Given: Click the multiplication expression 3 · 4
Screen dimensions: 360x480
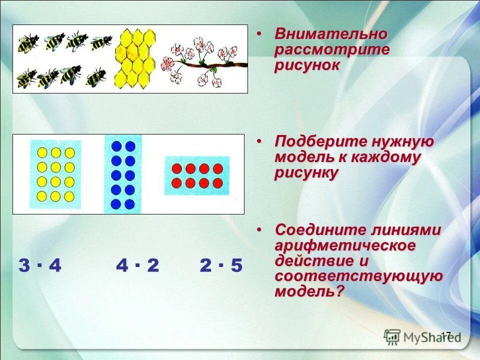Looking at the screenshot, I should [39, 265].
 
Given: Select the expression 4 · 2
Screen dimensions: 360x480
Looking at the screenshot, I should [137, 265].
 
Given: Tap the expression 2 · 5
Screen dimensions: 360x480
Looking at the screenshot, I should [220, 265].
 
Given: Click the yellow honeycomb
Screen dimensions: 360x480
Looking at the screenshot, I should [135, 57].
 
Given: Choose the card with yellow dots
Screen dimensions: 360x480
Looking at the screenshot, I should [55, 174].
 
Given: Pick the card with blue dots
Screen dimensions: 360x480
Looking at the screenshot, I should [123, 174].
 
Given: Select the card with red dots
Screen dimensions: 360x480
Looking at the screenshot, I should [197, 175].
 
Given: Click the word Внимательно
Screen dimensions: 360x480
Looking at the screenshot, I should [330, 34].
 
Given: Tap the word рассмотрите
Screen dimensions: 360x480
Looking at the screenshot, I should [332, 50].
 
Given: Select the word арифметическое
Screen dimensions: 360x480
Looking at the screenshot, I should [345, 246].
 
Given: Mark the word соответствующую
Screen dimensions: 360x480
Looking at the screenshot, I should [358, 276].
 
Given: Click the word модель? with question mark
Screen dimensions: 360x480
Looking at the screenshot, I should [309, 292].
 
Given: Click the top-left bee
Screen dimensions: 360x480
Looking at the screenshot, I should [28, 43].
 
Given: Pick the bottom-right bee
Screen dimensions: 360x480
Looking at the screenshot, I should [95, 77].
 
